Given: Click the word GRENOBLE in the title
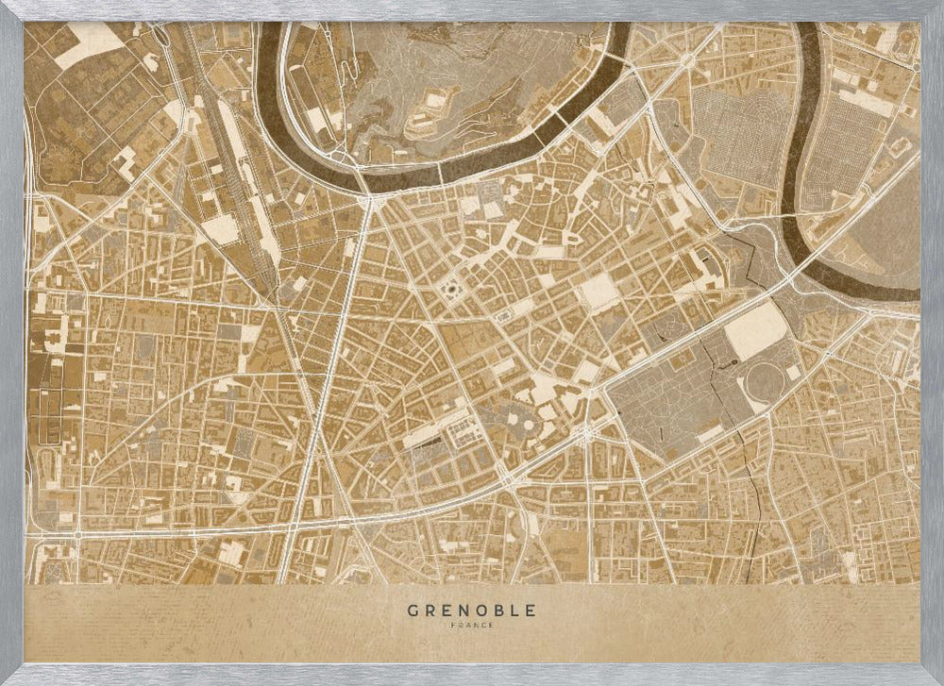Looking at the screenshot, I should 471,611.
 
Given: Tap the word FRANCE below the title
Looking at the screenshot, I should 471,625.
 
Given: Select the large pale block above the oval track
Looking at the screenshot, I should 755,331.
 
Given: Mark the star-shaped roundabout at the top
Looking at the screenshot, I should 687,59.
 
